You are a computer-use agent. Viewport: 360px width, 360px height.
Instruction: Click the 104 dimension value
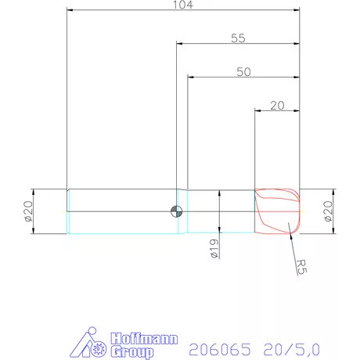coord(183,5)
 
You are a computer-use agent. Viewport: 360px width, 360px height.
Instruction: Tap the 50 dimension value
coord(243,70)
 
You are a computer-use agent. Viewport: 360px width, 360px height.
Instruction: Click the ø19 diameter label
coord(213,249)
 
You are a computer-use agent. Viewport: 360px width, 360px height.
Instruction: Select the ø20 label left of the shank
coord(29,212)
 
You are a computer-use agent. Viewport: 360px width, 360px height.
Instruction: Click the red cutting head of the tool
coord(278,211)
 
